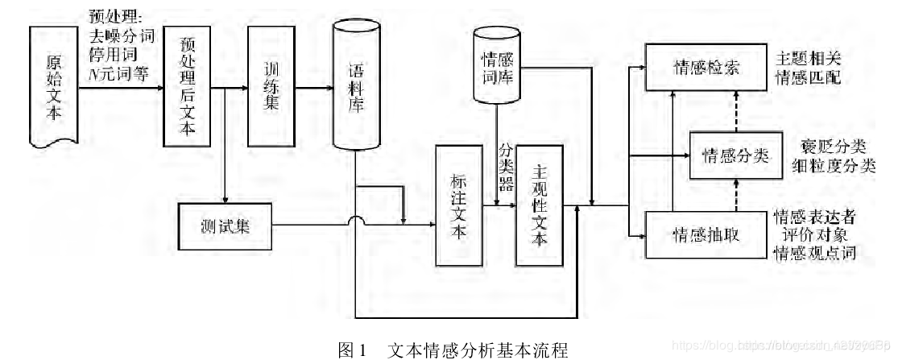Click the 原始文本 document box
[55, 87]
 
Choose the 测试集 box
[225, 226]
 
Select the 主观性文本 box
[540, 205]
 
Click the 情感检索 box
[705, 68]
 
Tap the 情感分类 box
[736, 154]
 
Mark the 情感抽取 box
[705, 234]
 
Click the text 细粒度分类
[834, 166]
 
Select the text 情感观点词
[813, 254]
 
